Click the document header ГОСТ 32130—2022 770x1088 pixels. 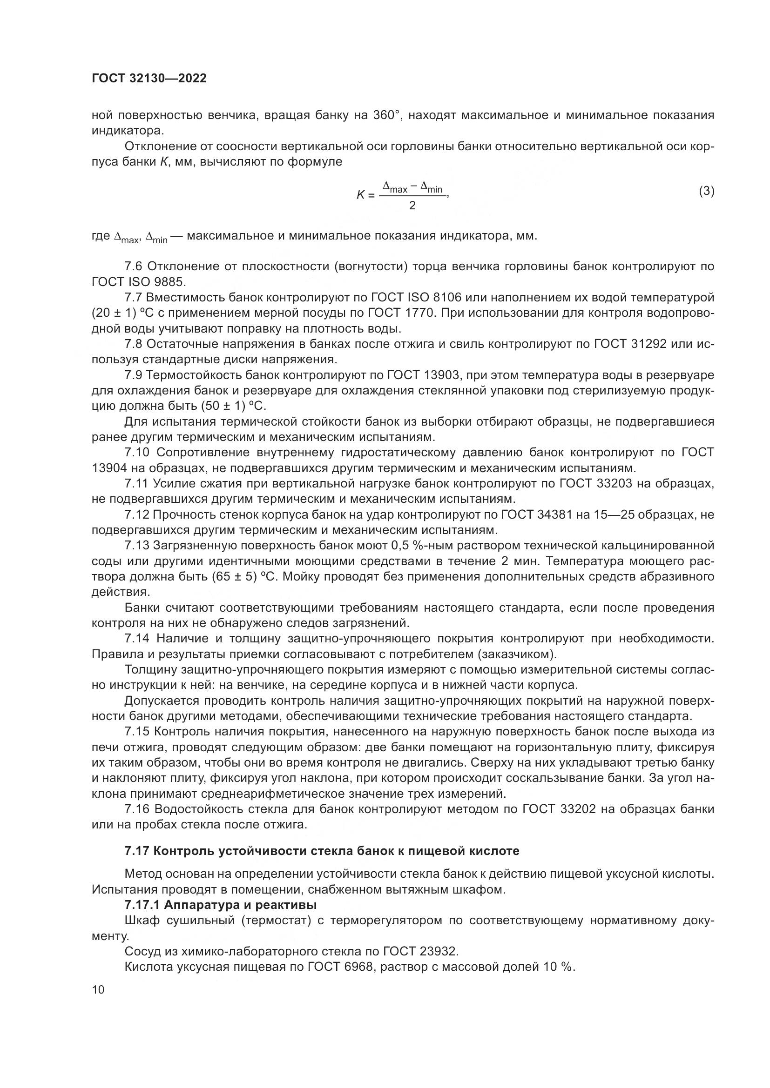pyautogui.click(x=149, y=79)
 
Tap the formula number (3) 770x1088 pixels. pyautogui.click(x=707, y=191)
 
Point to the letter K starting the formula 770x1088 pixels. pyautogui.click(x=360, y=195)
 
